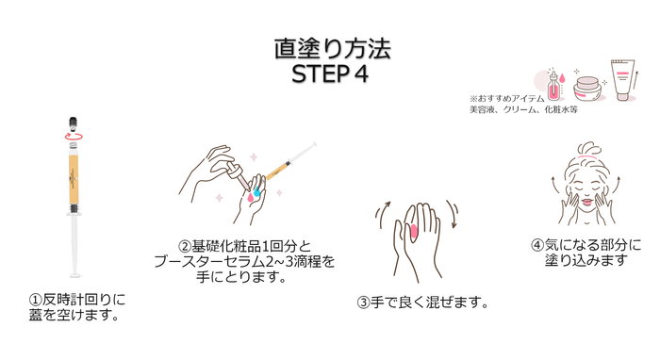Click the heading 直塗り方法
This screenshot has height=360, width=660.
333,49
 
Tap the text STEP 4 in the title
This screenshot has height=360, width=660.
330,74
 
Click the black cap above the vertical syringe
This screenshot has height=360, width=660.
74,123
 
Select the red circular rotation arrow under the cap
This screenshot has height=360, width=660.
74,137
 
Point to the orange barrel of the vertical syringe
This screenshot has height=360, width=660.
74,179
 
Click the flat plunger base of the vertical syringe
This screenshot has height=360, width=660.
74,275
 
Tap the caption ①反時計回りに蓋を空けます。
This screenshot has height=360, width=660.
77,307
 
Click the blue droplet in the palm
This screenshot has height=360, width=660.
256,191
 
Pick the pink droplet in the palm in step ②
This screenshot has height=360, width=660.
251,197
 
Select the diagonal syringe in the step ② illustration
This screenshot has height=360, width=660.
291,161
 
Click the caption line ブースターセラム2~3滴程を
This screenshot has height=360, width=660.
244,262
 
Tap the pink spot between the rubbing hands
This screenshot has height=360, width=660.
413,232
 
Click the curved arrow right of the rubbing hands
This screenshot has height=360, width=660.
453,214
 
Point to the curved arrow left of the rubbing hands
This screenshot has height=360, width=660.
381,209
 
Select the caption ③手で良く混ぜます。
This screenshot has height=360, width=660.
422,302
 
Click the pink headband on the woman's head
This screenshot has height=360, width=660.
588,156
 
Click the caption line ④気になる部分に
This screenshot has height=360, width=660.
586,245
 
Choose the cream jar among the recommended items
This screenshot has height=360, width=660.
587,89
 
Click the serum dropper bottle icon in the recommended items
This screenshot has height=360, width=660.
554,86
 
